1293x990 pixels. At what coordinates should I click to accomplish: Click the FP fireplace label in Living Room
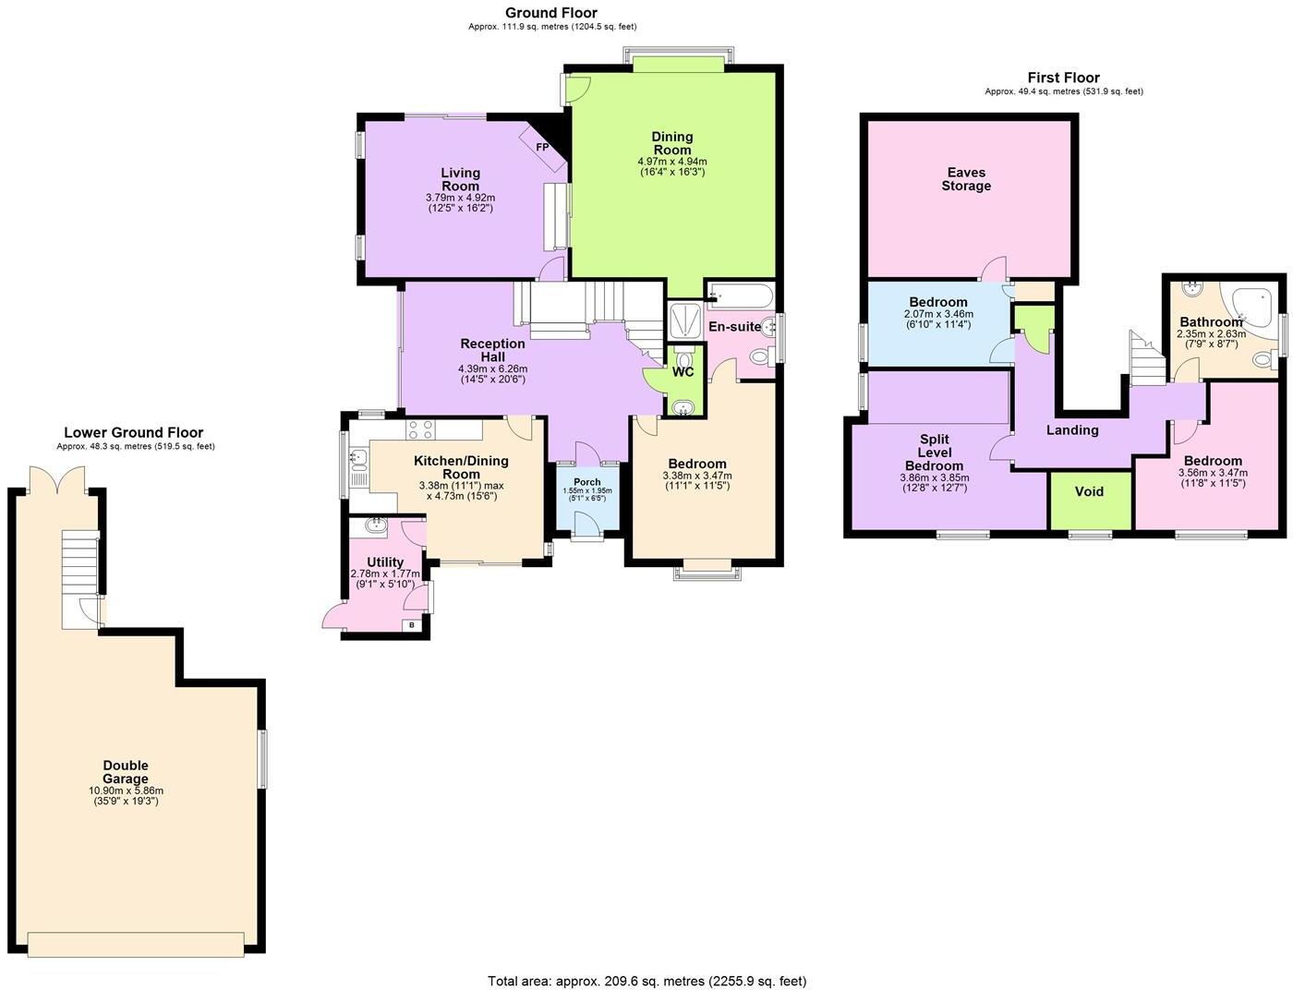pos(542,148)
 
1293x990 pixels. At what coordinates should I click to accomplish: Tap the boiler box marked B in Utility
pos(412,625)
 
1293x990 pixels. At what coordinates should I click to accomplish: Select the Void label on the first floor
pos(1090,491)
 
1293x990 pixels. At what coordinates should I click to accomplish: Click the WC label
pos(683,372)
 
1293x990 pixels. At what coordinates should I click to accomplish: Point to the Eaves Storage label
pos(966,179)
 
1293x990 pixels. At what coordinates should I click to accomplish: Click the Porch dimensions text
pos(586,494)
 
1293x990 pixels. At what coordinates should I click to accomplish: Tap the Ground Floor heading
pos(551,13)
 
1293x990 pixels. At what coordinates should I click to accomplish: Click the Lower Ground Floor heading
pos(134,432)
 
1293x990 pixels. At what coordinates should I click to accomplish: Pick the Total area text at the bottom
pos(646,981)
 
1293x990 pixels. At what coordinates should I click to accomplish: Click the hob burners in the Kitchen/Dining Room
pos(421,429)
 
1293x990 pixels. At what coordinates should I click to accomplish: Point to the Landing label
pos(1072,430)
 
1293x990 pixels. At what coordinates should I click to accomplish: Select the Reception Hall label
pos(493,350)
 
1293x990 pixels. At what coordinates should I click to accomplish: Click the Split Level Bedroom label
pos(934,453)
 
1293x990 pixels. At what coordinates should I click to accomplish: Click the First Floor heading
pos(1064,78)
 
